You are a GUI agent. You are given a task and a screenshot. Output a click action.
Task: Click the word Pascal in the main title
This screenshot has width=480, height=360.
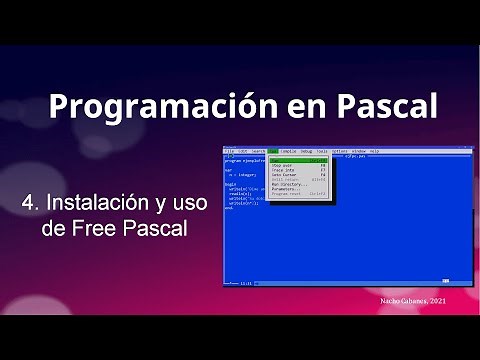tap(382, 106)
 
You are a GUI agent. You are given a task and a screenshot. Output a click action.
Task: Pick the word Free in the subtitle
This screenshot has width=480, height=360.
tap(100, 229)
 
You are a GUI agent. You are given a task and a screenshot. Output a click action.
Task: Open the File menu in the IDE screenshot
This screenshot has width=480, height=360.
tap(229, 151)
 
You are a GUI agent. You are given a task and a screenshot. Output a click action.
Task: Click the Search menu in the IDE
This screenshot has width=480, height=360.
tap(258, 151)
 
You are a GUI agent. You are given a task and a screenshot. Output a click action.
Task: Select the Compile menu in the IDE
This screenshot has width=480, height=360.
tap(289, 151)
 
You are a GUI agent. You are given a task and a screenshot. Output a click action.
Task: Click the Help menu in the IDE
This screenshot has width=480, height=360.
tap(375, 151)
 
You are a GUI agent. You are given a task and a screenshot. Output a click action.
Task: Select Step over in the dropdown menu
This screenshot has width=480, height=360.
tap(282, 165)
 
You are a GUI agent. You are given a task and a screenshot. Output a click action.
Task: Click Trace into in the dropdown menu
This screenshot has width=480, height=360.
tap(283, 170)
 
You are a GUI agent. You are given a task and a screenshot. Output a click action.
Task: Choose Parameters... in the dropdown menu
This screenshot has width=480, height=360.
tap(286, 189)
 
